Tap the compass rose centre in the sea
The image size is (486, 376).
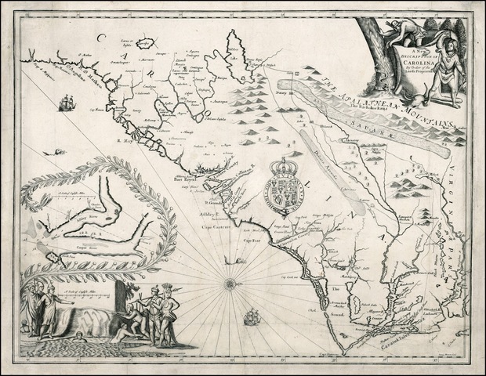pyautogui.click(x=230, y=280)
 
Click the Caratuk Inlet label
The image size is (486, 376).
pyautogui.click(x=375, y=342)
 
